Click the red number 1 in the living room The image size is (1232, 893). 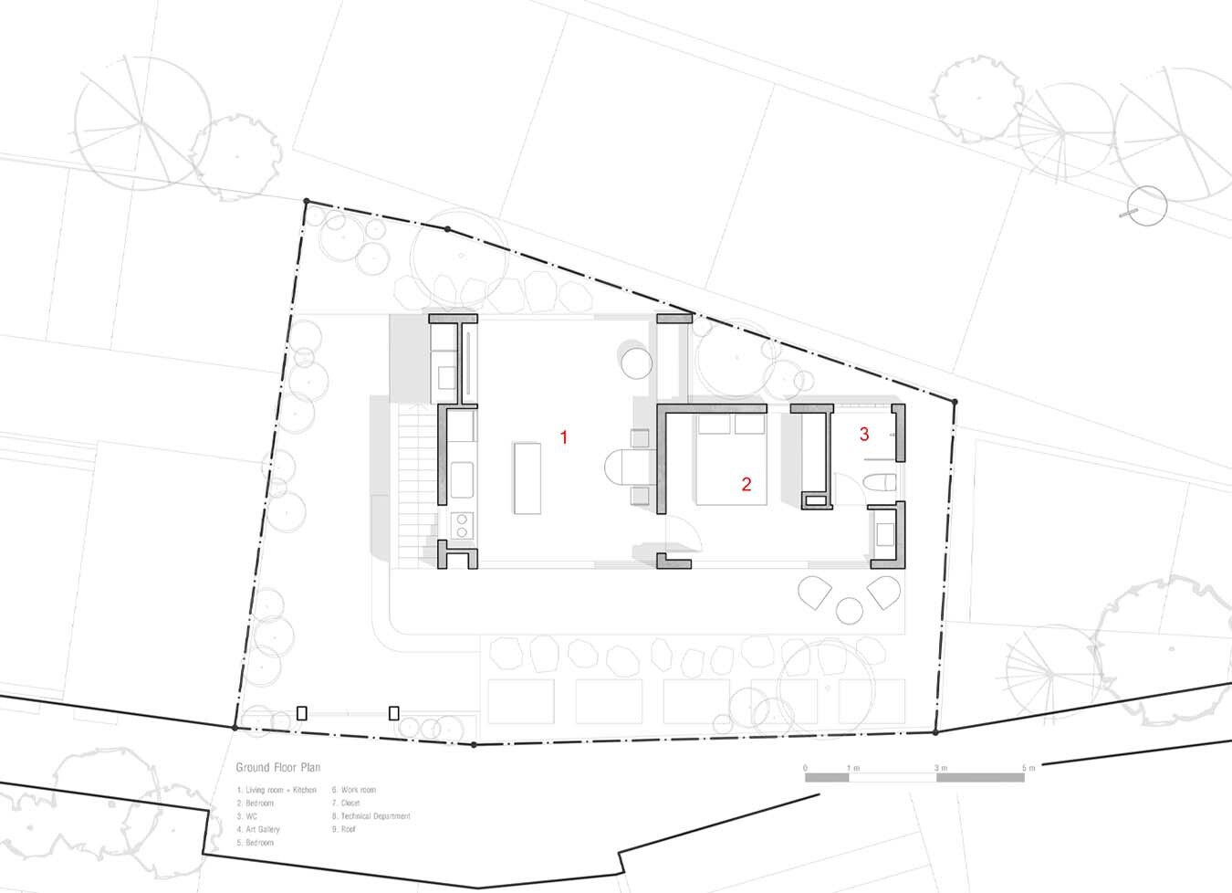tap(564, 437)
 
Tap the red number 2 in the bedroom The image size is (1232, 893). tap(746, 485)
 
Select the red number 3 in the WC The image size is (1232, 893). tap(863, 435)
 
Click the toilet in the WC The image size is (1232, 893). tap(879, 484)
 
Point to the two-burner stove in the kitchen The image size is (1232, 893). tap(462, 525)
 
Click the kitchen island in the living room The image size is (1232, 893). tap(527, 478)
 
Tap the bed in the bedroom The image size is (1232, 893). tap(731, 461)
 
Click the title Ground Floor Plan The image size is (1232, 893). tap(278, 768)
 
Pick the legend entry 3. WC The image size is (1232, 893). tap(247, 816)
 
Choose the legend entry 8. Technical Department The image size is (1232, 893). tap(371, 816)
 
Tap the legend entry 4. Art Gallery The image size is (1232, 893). tap(258, 830)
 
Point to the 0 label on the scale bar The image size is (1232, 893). tap(805, 768)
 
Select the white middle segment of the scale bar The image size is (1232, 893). tap(893, 778)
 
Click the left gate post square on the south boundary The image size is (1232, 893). tap(302, 713)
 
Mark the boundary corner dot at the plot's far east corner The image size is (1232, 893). tap(955, 402)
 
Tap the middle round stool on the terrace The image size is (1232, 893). tap(850, 611)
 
